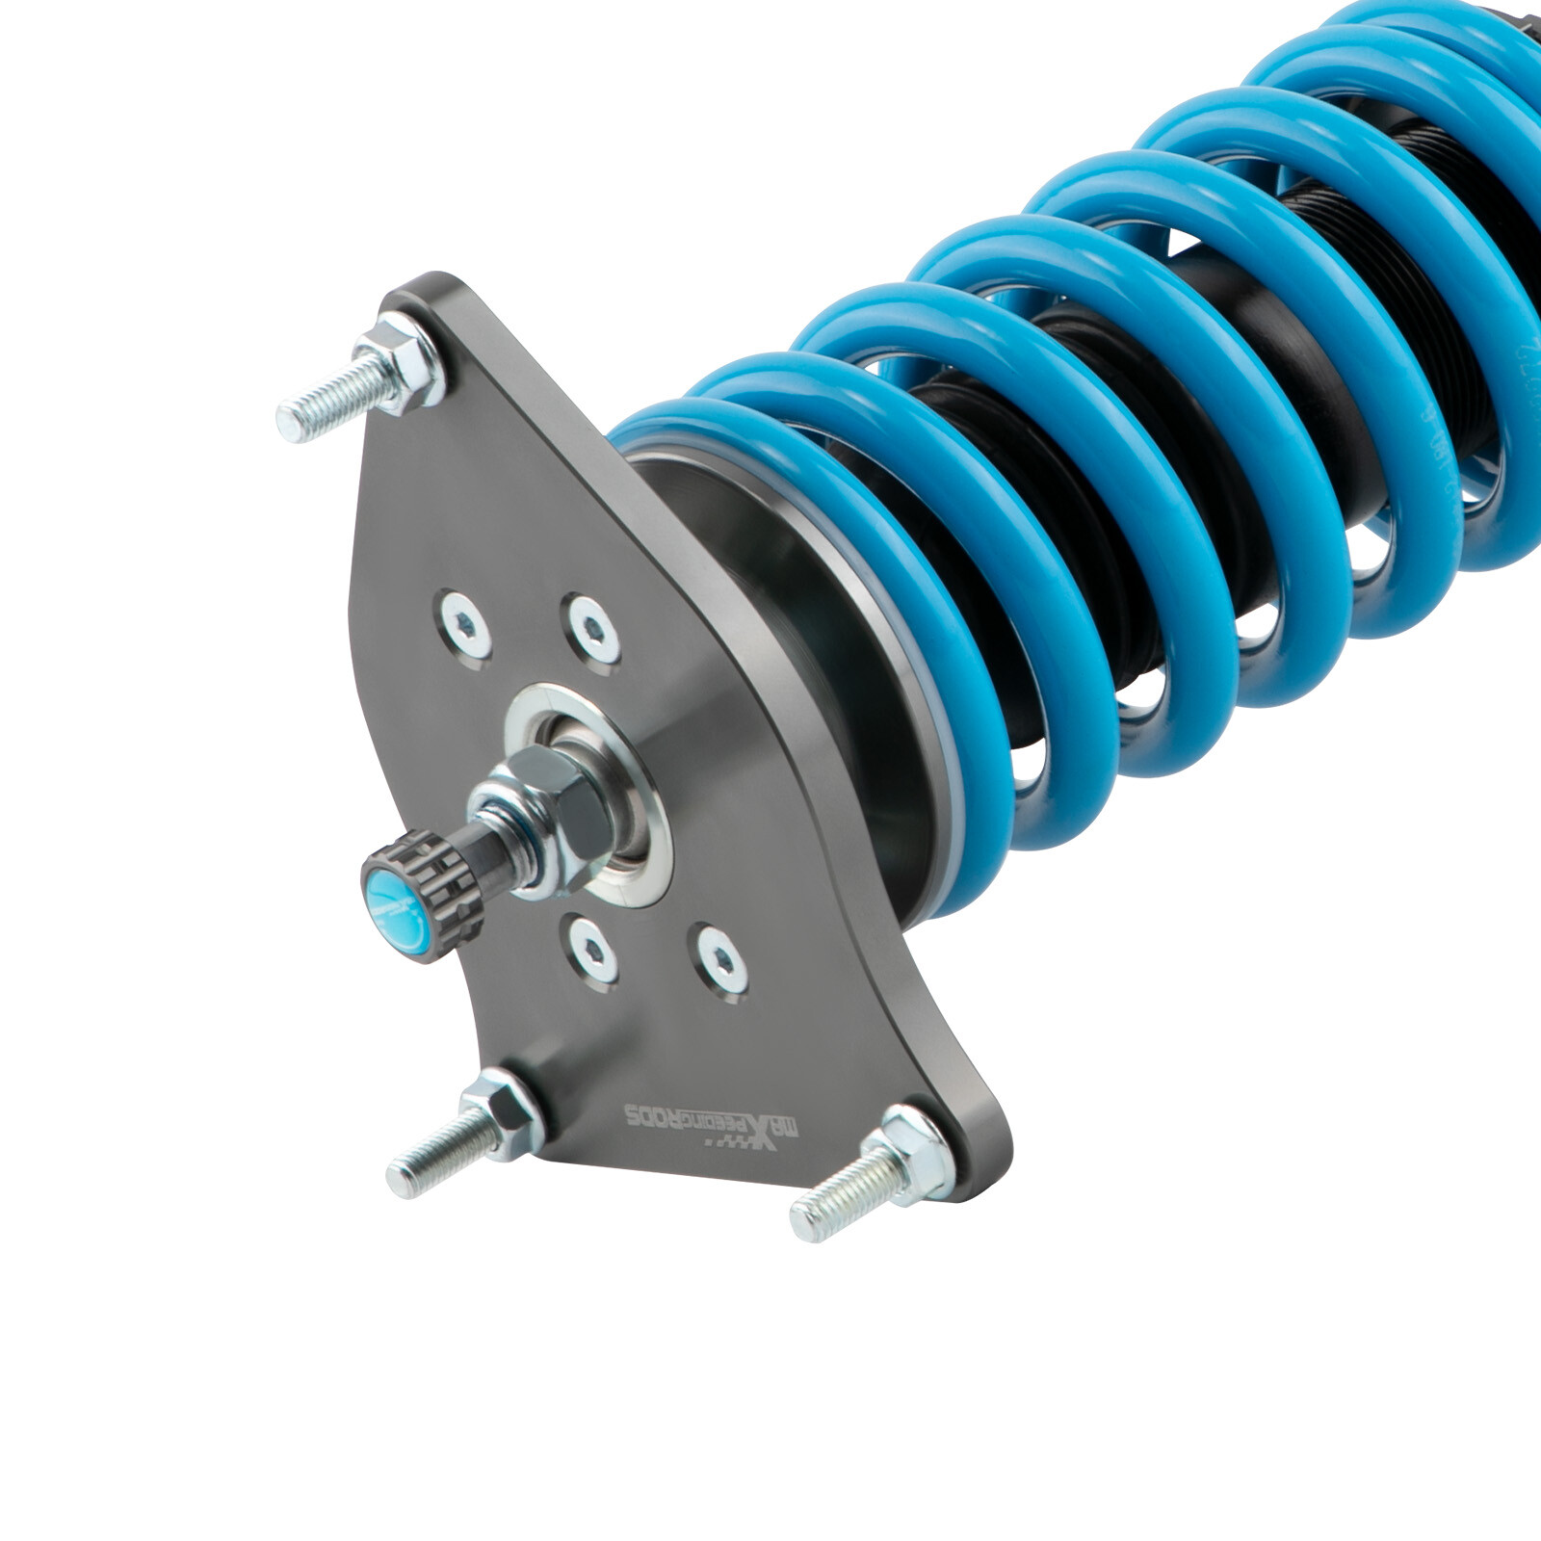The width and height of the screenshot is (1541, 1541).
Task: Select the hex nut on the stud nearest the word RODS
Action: (502, 1116)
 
